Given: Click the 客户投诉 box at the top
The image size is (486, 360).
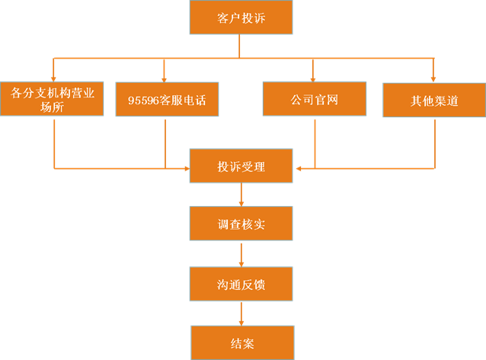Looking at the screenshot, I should pyautogui.click(x=241, y=17).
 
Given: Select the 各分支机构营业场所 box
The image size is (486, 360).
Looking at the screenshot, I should pyautogui.click(x=53, y=99).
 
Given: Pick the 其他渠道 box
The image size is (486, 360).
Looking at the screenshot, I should pyautogui.click(x=433, y=100).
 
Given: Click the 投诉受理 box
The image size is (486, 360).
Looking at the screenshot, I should pyautogui.click(x=241, y=167).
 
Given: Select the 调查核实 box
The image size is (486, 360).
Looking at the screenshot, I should pyautogui.click(x=241, y=225).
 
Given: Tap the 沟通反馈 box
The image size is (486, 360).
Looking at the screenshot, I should pyautogui.click(x=241, y=285).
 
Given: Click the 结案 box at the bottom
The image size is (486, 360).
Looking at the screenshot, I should pyautogui.click(x=241, y=342).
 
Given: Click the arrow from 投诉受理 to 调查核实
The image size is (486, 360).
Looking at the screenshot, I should pyautogui.click(x=241, y=195).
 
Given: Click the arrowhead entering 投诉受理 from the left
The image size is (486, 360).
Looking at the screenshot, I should pyautogui.click(x=186, y=167).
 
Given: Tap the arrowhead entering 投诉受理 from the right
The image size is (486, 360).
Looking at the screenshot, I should pyautogui.click(x=297, y=167).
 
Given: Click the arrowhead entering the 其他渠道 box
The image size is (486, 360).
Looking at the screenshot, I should pyautogui.click(x=433, y=78).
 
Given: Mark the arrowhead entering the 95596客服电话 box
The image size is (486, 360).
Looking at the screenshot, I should pyautogui.click(x=165, y=78).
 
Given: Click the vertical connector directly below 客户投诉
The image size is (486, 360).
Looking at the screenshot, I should pyautogui.click(x=241, y=46).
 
